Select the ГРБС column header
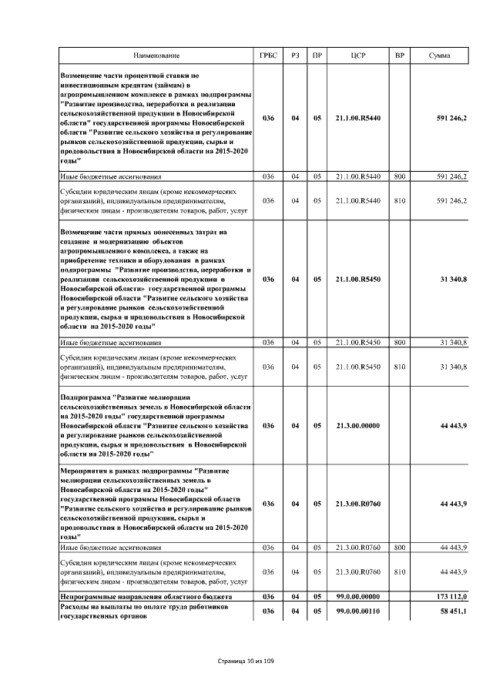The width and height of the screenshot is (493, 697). pyautogui.click(x=268, y=56)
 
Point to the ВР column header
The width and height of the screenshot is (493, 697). pyautogui.click(x=399, y=56)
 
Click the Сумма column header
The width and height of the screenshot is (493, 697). pyautogui.click(x=440, y=56)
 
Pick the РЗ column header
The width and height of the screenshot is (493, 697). pyautogui.click(x=295, y=56)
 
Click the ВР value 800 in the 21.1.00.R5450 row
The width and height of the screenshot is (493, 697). pyautogui.click(x=399, y=341)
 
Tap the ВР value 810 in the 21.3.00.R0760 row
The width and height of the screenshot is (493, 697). pyautogui.click(x=399, y=571)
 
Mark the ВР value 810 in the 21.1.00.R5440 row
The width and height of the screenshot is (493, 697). pyautogui.click(x=399, y=200)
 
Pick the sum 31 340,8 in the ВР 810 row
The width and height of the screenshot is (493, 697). pyautogui.click(x=452, y=367)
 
